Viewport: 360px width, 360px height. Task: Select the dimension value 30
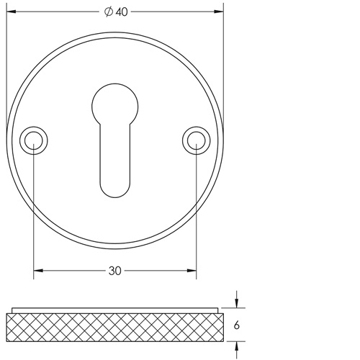coord(115,271)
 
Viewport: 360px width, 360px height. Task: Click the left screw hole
coord(34,141)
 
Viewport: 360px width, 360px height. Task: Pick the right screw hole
coord(194,141)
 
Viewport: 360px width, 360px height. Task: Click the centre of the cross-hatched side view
coord(114,327)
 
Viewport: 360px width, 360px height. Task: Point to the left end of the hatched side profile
coord(9,327)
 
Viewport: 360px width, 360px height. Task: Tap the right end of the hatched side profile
coord(220,327)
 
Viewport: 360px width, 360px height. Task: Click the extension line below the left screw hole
coord(34,216)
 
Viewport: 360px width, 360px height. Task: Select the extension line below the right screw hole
coord(194,216)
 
